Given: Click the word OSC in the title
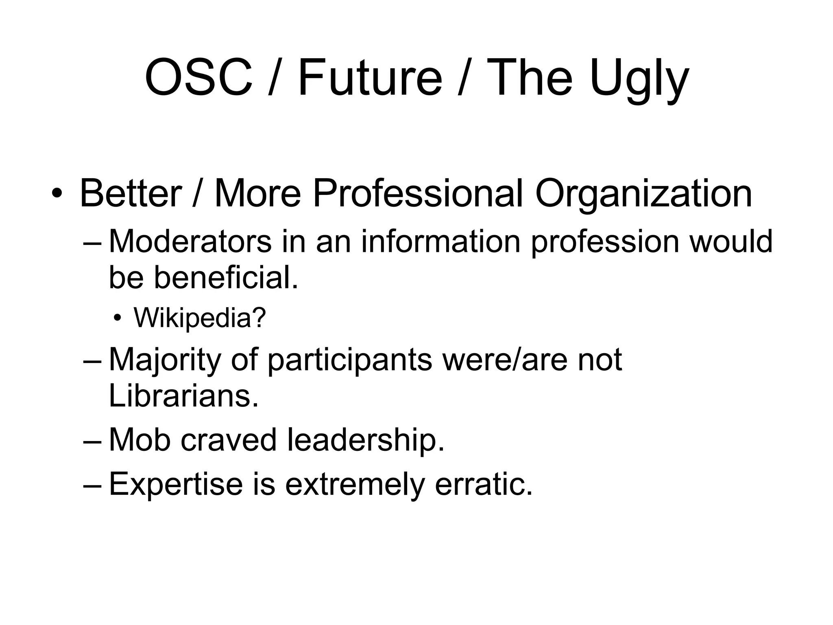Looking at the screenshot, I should tap(198, 77).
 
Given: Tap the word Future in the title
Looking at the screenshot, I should tap(370, 77).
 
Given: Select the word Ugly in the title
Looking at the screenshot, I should tap(639, 79).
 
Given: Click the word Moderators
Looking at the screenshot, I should tap(190, 241).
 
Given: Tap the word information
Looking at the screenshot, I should tap(440, 241).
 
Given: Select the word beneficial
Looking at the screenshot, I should tap(226, 278).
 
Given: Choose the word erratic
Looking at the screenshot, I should tap(484, 484).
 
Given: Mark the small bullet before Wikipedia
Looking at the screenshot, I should tap(118, 318).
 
